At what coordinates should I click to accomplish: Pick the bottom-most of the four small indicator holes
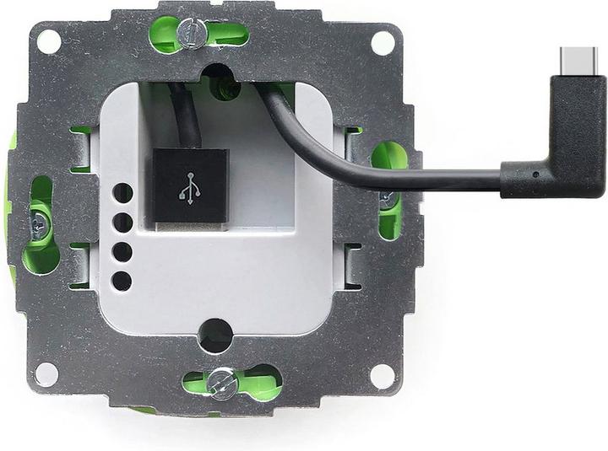pyautogui.click(x=122, y=281)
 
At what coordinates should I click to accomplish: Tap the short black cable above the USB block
pyautogui.click(x=188, y=118)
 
